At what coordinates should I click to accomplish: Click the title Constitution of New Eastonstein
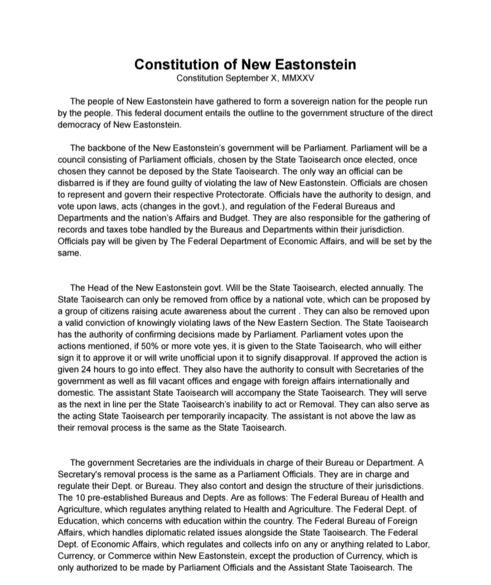[245, 64]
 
